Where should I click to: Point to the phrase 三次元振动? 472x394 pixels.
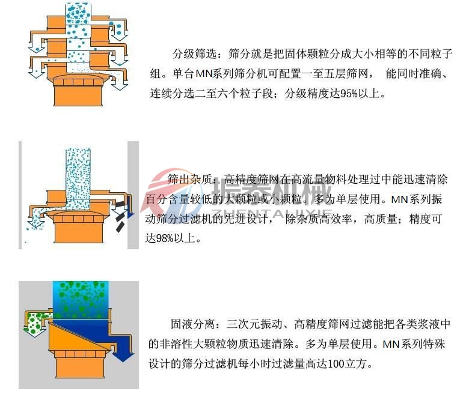tap(254, 325)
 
